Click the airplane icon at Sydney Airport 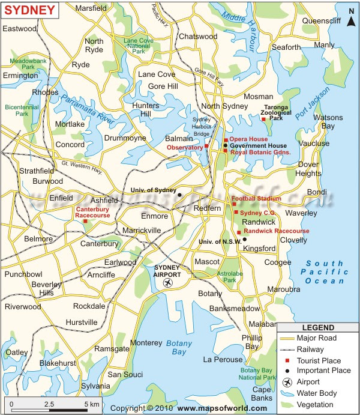168,282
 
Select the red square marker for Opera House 226,140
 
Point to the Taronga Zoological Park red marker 263,120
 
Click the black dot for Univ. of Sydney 179,195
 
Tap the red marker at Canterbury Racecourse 86,221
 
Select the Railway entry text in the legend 310,349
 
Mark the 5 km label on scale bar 91,404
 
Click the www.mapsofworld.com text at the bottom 221,408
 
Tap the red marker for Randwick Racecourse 239,232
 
